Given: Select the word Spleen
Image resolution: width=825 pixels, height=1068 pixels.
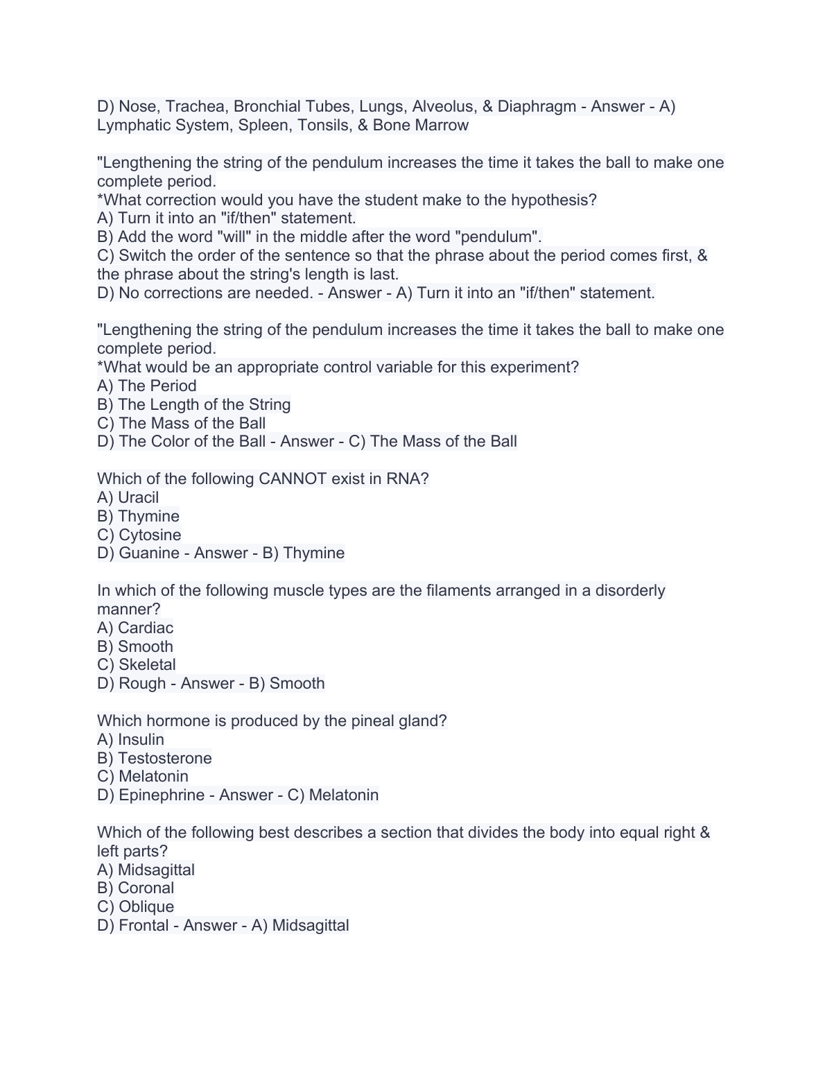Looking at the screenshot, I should coord(261,125).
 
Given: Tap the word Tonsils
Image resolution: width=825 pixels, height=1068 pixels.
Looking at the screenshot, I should coord(324,125).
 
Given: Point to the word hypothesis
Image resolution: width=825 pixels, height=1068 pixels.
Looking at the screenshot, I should coord(551,200).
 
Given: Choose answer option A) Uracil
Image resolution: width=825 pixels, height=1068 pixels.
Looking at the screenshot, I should coord(128,497).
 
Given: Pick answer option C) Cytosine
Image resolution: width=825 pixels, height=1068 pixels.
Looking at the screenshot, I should coord(139,535).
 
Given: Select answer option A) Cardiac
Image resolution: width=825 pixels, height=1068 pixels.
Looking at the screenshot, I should coord(135,628).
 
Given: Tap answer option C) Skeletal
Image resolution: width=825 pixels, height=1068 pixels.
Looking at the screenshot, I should coord(137,664).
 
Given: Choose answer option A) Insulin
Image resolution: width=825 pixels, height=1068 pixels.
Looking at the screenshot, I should coord(131,739).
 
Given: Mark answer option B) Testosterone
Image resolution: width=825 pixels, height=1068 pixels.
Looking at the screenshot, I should coord(155,758).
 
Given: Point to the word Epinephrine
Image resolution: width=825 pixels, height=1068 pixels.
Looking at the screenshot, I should coord(162,795).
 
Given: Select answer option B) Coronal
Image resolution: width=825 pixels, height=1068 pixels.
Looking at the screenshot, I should coord(136,888).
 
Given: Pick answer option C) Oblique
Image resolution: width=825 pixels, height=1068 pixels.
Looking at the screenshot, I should coord(136,906).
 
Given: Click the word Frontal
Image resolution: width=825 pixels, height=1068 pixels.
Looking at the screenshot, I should coord(144,925).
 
